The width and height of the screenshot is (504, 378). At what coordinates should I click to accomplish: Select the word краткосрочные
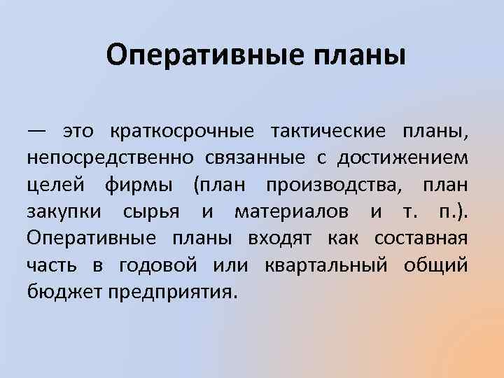tap(181, 132)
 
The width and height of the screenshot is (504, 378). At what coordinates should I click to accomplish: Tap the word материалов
tap(293, 211)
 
